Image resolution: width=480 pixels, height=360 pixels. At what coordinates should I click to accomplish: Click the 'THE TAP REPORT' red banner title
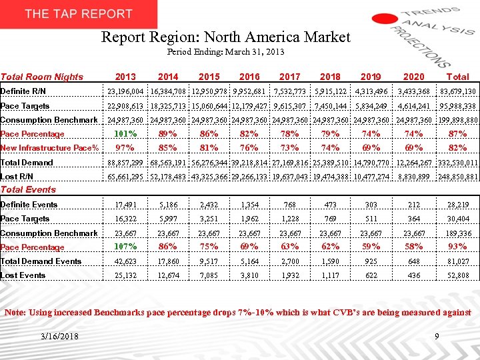pyautogui.click(x=79, y=14)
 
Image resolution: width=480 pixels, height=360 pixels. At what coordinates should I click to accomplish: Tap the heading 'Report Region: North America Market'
pyautogui.click(x=225, y=37)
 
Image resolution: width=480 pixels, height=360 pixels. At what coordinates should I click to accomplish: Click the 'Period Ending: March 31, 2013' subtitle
pyautogui.click(x=225, y=51)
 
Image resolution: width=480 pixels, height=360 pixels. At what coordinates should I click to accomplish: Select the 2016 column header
pyautogui.click(x=249, y=77)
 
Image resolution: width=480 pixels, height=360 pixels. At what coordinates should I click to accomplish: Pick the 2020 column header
pyautogui.click(x=413, y=77)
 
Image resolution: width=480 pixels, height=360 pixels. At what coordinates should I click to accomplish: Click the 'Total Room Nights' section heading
pyautogui.click(x=42, y=77)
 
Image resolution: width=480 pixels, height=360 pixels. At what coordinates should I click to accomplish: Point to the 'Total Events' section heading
pyautogui.click(x=28, y=189)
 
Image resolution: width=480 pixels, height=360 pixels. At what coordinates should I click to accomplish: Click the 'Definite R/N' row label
pyautogui.click(x=23, y=91)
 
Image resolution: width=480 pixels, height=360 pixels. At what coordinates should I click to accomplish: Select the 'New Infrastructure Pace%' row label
pyautogui.click(x=50, y=148)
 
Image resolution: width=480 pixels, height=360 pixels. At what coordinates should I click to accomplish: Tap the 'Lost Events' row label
pyautogui.click(x=23, y=275)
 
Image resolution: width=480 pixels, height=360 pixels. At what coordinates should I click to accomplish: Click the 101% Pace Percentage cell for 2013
pyautogui.click(x=125, y=134)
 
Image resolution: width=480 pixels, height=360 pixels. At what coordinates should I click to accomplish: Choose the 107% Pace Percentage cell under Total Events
pyautogui.click(x=125, y=247)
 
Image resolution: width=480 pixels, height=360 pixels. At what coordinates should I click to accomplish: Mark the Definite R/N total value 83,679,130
pyautogui.click(x=457, y=91)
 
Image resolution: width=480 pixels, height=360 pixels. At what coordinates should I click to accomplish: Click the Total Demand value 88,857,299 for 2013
pyautogui.click(x=125, y=163)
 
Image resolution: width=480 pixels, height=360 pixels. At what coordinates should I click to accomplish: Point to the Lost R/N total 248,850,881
pyautogui.click(x=457, y=177)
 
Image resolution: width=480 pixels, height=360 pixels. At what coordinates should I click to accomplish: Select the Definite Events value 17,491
pyautogui.click(x=125, y=205)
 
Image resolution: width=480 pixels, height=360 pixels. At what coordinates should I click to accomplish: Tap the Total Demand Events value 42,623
pyautogui.click(x=125, y=261)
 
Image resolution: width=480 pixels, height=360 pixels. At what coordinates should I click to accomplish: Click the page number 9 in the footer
pyautogui.click(x=437, y=336)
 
